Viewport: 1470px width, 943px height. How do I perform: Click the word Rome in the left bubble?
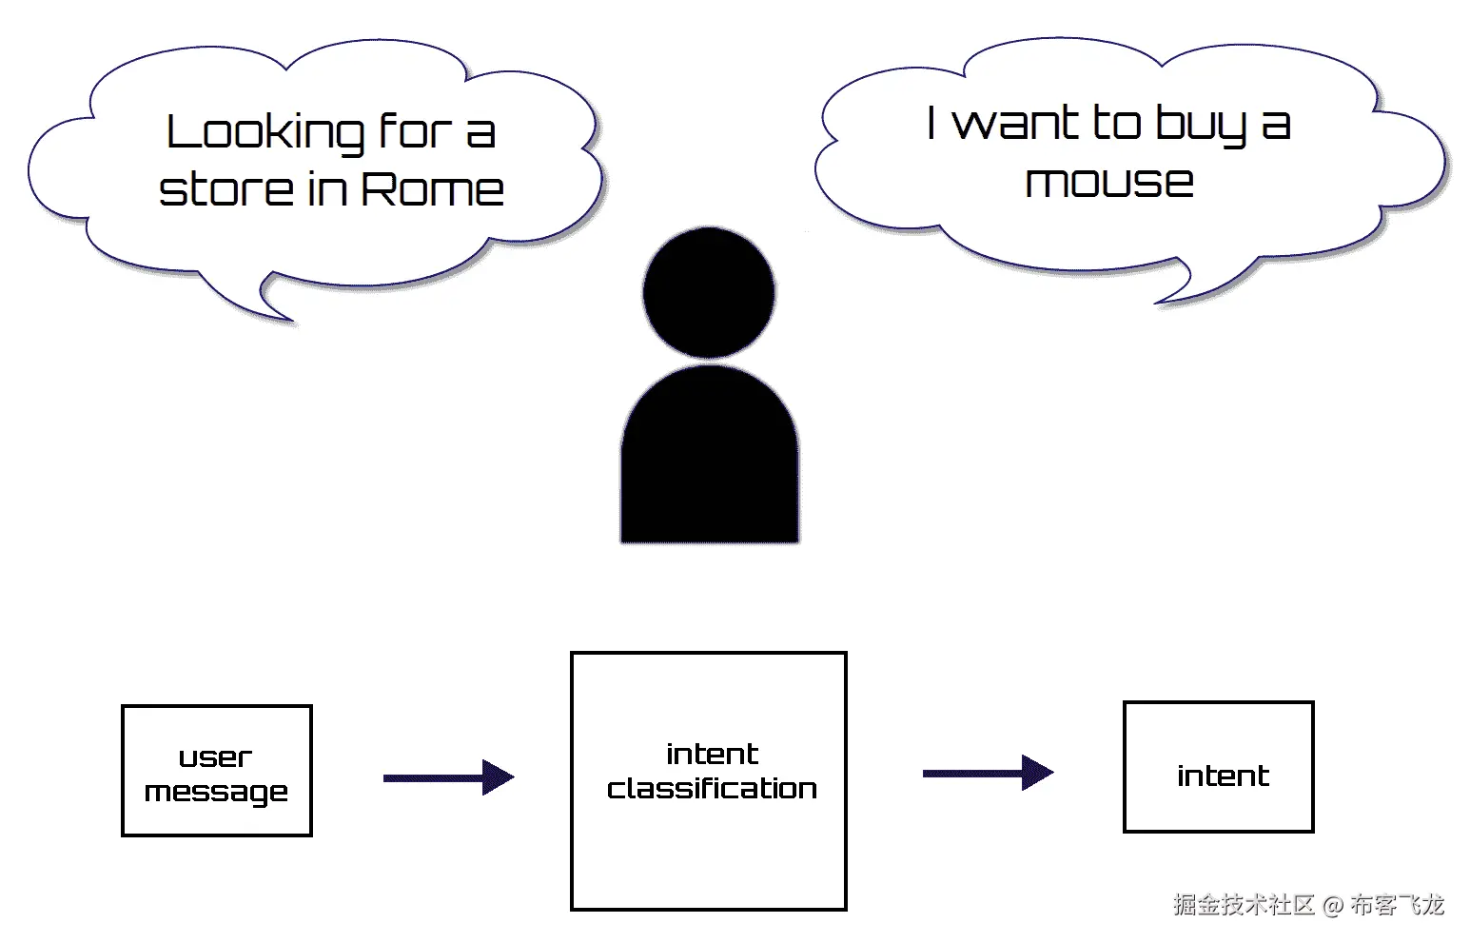433,189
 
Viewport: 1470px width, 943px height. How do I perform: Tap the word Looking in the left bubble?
265,134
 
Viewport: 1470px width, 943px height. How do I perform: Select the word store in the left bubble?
225,189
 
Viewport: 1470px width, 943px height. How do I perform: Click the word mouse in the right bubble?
1109,182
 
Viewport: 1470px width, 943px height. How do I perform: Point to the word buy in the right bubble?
1201,125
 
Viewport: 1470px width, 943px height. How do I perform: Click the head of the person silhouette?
709,293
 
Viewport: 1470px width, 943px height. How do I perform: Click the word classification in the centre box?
712,788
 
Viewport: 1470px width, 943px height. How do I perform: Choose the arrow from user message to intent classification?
449,777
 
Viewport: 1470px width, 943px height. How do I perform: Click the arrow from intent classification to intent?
989,773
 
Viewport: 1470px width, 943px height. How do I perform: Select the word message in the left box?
216,792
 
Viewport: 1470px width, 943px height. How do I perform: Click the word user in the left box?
215,758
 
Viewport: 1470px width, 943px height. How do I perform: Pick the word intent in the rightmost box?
1224,776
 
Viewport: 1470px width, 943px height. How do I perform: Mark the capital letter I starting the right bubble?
931,123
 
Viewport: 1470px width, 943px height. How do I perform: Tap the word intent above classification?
712,754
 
